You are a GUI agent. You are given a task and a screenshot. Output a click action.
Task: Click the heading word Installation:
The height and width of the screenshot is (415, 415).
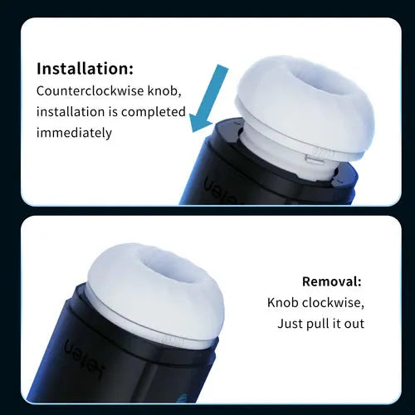tap(85, 68)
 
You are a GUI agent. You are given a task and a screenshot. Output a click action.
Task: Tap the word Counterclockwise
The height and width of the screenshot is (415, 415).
tap(90, 91)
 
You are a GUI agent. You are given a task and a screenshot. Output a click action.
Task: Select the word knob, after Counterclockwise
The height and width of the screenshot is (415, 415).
tap(164, 91)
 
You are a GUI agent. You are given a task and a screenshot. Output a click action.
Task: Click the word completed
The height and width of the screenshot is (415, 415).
tap(154, 112)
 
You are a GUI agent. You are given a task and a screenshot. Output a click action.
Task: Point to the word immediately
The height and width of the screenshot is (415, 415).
tap(74, 133)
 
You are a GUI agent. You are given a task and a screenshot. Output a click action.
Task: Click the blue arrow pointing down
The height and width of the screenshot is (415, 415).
tap(208, 99)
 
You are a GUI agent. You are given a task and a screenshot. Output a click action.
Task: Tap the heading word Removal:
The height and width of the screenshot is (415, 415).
tap(332, 281)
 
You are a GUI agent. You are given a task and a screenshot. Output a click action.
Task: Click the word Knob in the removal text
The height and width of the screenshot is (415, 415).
tap(283, 303)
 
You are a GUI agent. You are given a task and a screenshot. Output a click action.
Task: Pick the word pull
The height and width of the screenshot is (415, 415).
tap(317, 324)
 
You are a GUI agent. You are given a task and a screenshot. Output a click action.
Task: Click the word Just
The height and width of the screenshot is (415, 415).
tap(290, 324)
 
